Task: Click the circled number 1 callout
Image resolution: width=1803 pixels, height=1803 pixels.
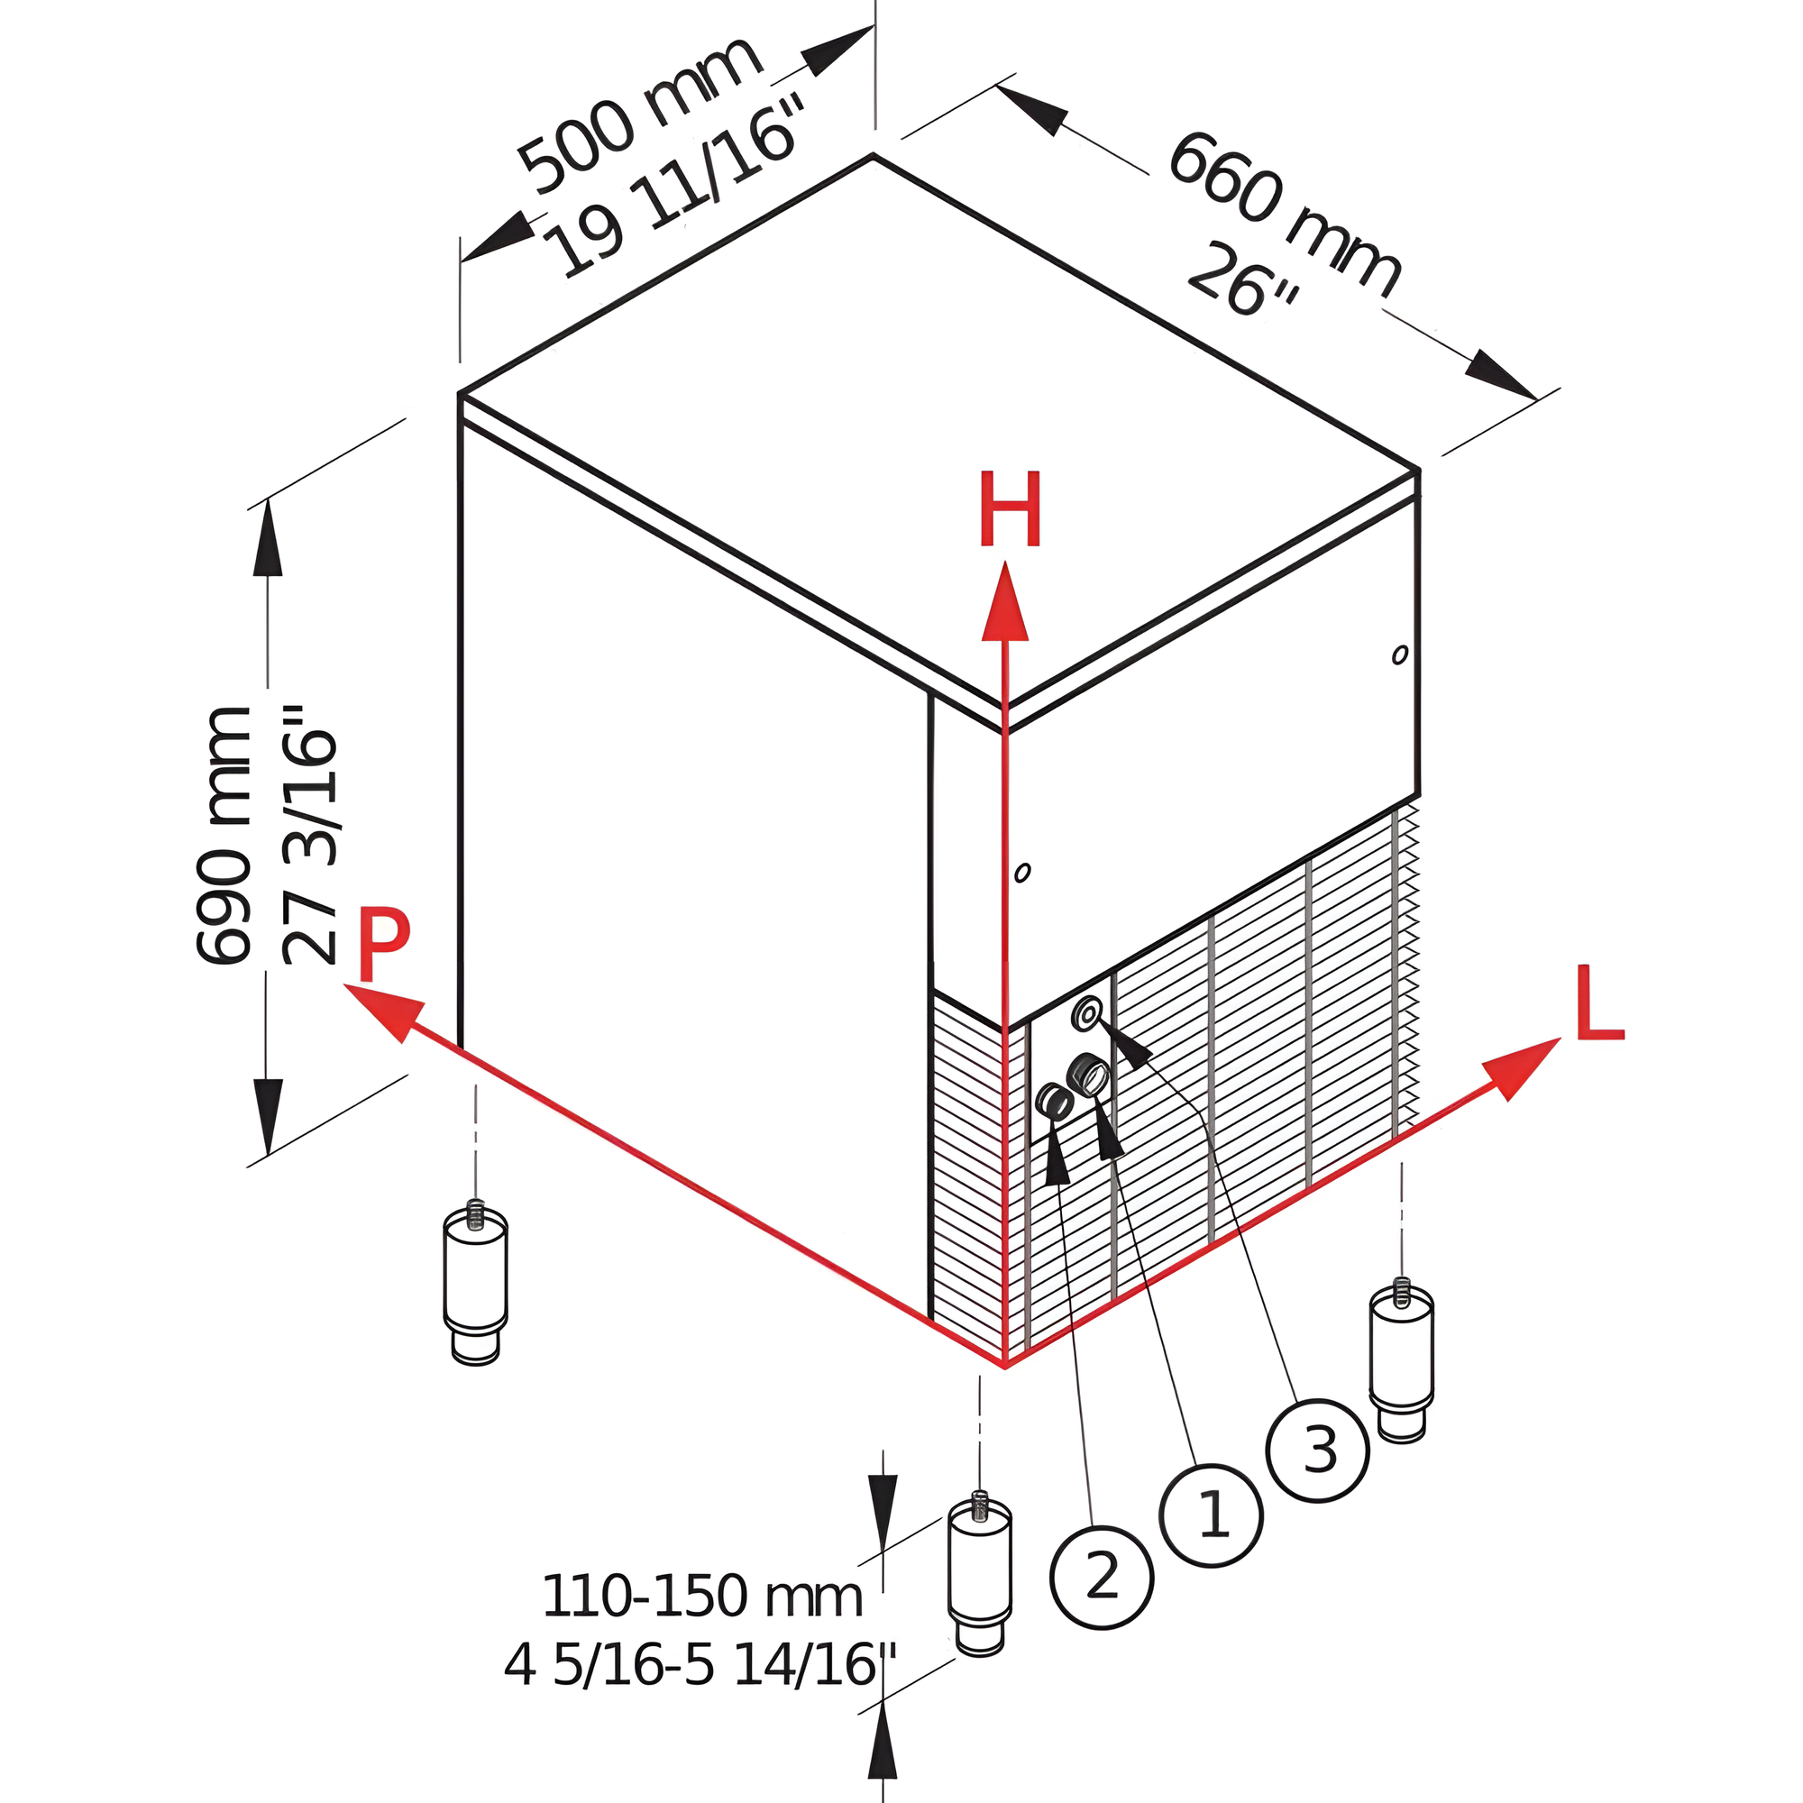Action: point(1212,1515)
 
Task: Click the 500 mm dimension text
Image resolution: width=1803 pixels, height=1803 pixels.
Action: point(639,115)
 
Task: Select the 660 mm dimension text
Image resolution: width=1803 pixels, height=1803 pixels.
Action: point(1283,215)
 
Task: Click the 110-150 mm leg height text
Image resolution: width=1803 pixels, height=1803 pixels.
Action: point(701,1596)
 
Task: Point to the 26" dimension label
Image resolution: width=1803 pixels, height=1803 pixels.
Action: point(1241,280)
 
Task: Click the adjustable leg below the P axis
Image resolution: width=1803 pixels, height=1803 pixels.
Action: point(475,1285)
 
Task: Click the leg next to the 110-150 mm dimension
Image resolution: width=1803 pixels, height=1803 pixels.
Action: point(979,1577)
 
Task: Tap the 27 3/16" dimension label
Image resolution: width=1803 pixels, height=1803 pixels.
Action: point(309,836)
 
